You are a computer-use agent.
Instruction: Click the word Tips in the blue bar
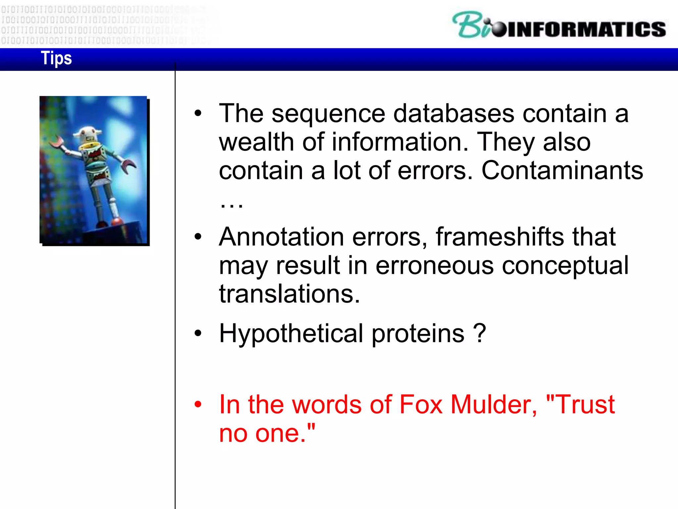click(x=56, y=58)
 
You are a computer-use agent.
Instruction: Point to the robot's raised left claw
click(x=57, y=142)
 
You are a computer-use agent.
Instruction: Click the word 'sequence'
click(x=328, y=114)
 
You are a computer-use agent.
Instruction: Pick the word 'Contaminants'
click(x=562, y=171)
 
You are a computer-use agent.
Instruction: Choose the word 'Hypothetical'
click(x=291, y=333)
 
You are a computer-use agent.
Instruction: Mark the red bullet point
click(x=198, y=404)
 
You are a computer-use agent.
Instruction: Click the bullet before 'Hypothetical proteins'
click(x=198, y=333)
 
